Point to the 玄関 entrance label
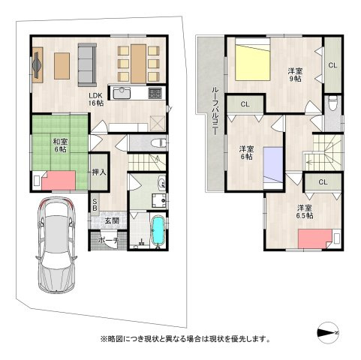(112, 220)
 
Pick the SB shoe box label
(95, 203)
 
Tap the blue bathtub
(158, 230)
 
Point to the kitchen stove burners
(156, 94)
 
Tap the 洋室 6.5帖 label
(304, 211)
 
